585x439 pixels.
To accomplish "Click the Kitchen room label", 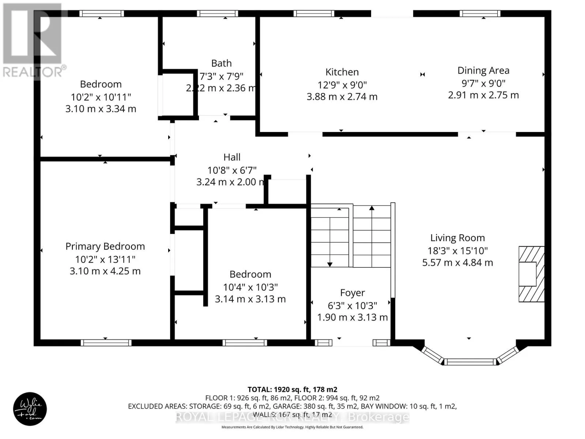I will click(342, 72).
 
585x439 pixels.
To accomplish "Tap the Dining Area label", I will click(483, 70).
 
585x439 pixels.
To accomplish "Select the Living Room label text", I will click(457, 238).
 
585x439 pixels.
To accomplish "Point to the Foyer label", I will click(352, 293).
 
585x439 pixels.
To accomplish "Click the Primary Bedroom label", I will click(105, 246).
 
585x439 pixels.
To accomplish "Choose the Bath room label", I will click(222, 63).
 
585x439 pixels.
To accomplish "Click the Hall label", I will click(232, 157).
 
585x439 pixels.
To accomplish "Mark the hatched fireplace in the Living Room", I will click(531, 274).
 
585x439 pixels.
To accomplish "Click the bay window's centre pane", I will click(470, 362).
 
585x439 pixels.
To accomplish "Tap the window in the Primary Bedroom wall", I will click(106, 343).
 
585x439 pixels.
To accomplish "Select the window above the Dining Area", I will click(480, 14).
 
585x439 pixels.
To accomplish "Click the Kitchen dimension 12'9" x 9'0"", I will click(342, 85).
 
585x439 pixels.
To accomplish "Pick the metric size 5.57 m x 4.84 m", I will click(457, 263).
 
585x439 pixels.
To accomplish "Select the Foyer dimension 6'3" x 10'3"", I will click(352, 305).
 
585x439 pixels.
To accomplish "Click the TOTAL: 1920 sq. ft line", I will click(292, 390).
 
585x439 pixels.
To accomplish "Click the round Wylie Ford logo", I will click(30, 409).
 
